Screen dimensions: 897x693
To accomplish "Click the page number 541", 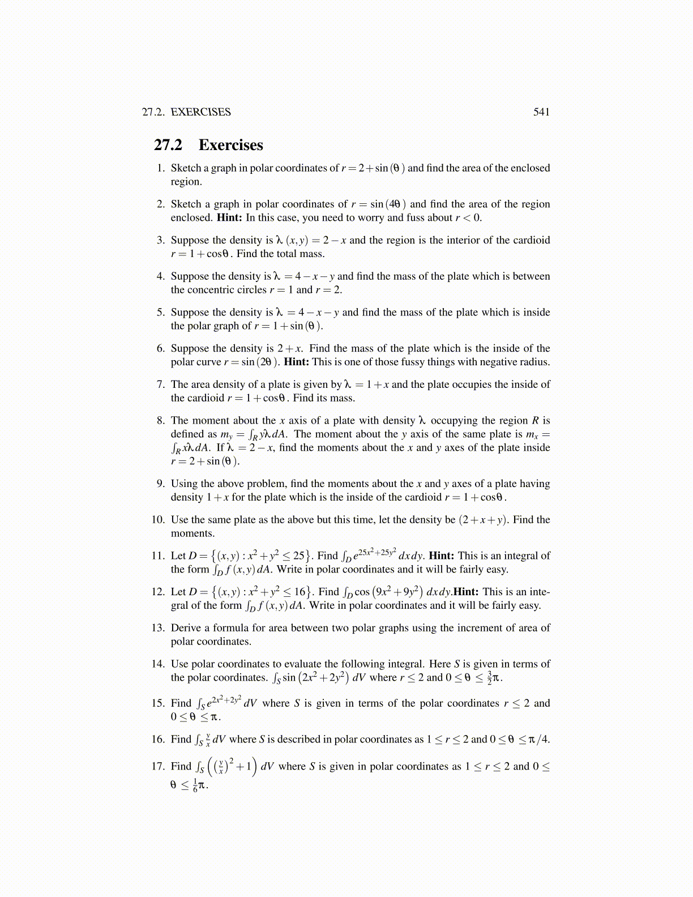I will click(x=541, y=112).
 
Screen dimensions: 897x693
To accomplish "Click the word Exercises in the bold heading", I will click(x=230, y=145).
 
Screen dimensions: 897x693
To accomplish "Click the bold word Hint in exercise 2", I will click(x=229, y=218).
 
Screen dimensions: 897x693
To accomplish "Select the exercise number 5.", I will click(x=160, y=313).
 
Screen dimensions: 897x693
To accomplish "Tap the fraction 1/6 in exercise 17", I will click(x=195, y=785).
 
